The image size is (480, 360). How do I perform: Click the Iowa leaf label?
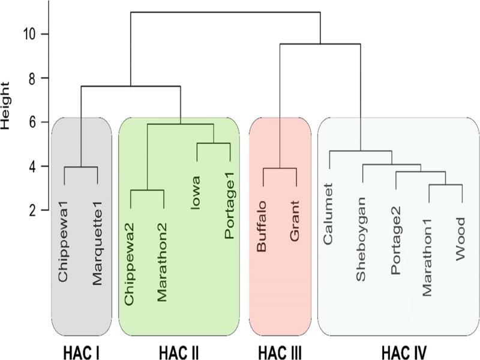point(196,193)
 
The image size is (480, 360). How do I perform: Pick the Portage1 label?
point(230,206)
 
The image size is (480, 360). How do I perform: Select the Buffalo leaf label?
point(262,227)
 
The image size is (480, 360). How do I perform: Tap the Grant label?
point(295,221)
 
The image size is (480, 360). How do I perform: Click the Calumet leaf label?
point(328,214)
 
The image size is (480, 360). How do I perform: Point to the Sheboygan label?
point(361,239)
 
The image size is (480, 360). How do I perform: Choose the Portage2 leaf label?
point(395,241)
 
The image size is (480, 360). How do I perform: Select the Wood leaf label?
point(460,239)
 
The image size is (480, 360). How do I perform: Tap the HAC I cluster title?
point(82,352)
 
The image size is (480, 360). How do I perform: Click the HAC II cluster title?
point(179,352)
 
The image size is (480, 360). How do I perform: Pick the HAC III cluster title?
point(280,352)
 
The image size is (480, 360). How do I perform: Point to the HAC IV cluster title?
point(404,352)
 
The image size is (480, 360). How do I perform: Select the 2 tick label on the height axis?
point(33,211)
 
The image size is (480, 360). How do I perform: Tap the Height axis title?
point(5,106)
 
